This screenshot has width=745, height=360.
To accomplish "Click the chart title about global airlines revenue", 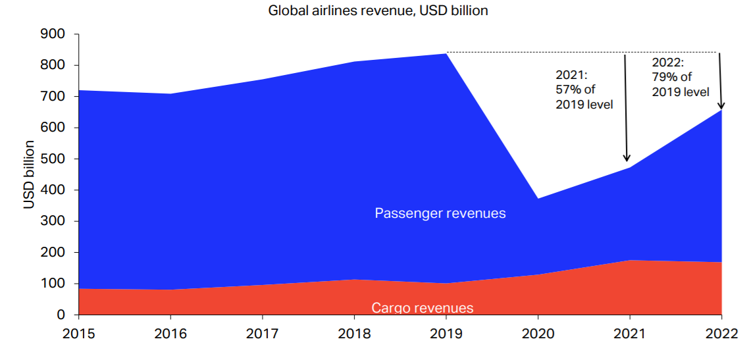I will tap(378, 11).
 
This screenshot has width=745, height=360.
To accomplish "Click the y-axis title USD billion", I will tap(29, 174).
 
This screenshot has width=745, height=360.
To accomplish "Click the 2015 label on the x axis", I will tap(78, 334).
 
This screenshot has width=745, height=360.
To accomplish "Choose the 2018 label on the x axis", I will tap(354, 334).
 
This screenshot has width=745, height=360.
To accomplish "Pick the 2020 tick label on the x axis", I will tap(538, 334).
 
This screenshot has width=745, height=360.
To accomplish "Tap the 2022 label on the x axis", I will tap(721, 334).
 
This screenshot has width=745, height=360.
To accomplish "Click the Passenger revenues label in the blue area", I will tap(440, 213).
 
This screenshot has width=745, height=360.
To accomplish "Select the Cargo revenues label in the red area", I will tap(422, 308).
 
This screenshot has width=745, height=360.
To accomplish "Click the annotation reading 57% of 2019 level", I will tap(584, 89).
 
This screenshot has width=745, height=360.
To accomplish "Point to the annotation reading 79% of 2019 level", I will tap(681, 78).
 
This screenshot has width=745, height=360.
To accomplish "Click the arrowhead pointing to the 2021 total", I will tap(627, 158).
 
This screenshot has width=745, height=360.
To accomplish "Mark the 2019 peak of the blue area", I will tap(446, 54).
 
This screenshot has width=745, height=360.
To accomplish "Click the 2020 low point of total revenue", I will tap(538, 199).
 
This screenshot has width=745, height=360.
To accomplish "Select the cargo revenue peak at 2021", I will tap(630, 261).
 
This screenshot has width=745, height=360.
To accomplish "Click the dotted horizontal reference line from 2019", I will tap(579, 52).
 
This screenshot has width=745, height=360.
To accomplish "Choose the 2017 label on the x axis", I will tap(262, 334).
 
